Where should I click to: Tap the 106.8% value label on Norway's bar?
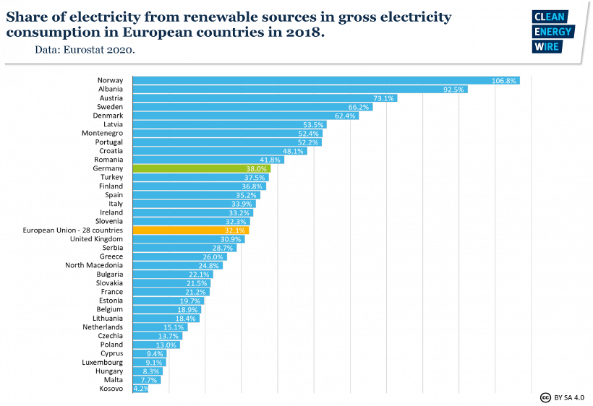click(503, 80)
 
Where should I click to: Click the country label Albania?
click(111, 90)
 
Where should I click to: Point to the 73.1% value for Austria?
click(383, 98)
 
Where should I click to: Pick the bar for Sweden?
click(249, 107)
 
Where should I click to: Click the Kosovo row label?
click(111, 389)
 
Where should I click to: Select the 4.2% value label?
click(140, 389)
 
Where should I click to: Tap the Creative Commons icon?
click(545, 397)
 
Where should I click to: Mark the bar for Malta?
click(144, 380)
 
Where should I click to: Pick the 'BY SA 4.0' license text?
click(569, 397)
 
